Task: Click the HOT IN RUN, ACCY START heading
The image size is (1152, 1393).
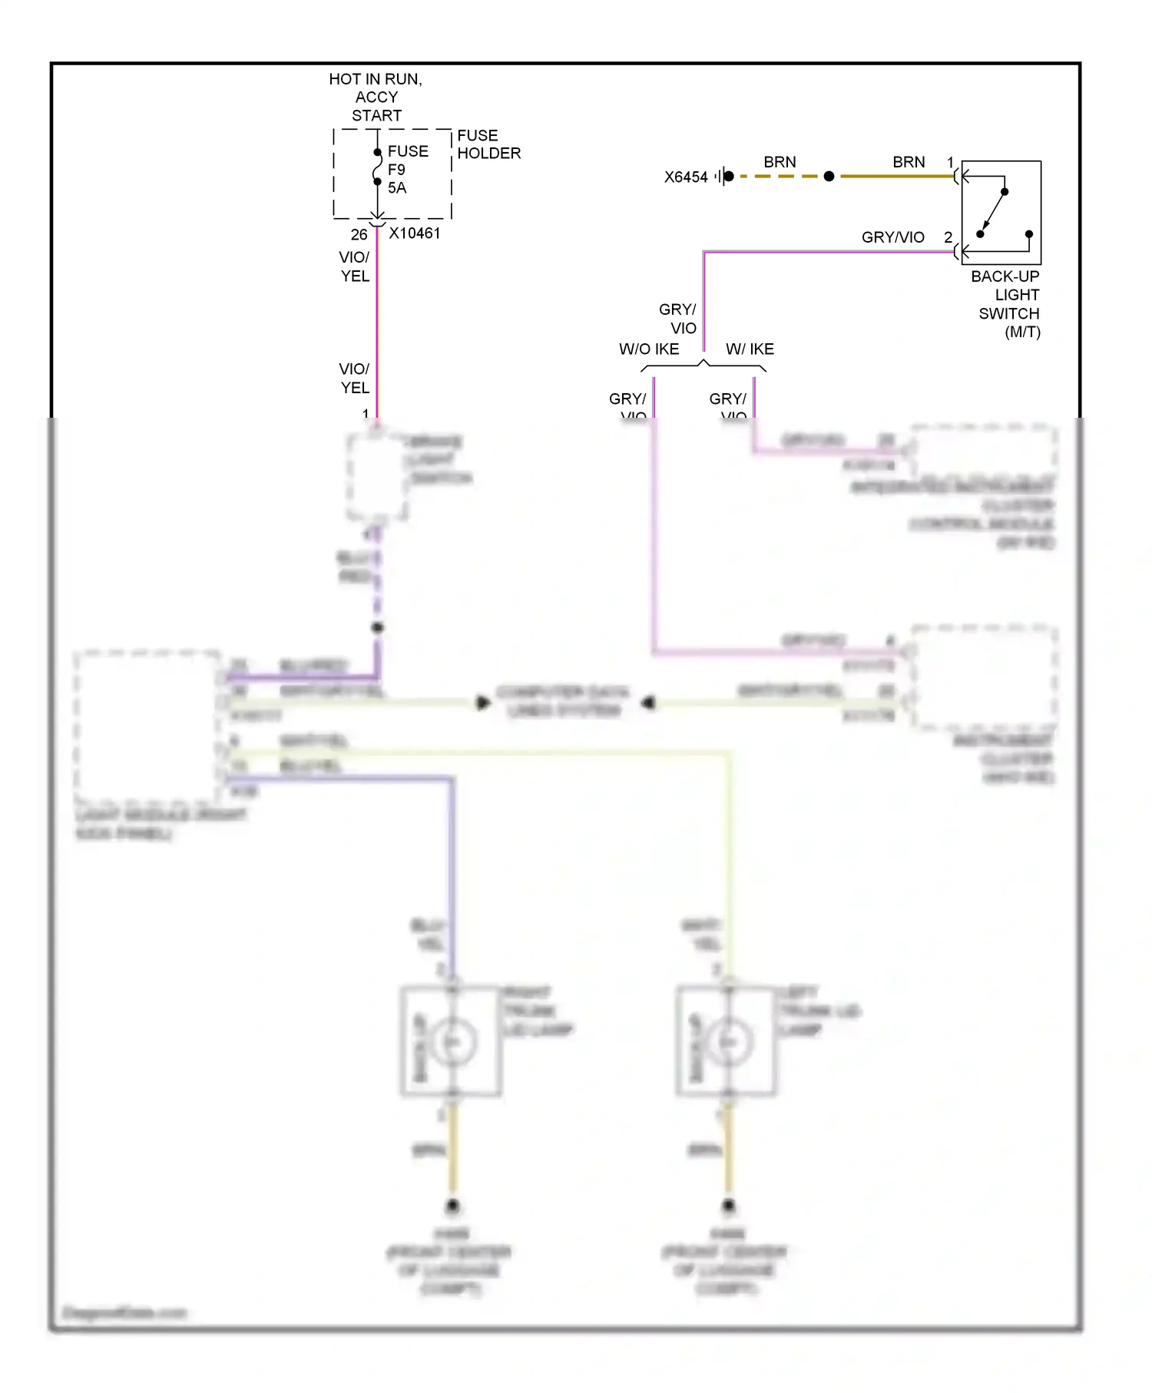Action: click(x=376, y=98)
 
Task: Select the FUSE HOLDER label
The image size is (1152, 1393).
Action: click(x=488, y=144)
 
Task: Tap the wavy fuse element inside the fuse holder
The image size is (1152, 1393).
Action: click(x=377, y=167)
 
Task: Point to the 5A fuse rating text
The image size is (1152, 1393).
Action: click(x=397, y=188)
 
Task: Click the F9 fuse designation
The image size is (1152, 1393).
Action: click(x=396, y=170)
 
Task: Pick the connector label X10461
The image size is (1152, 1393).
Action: click(x=415, y=233)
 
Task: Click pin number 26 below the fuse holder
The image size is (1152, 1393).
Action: click(x=359, y=234)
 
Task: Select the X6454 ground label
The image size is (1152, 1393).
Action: click(x=686, y=177)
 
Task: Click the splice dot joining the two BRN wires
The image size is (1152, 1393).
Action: click(x=829, y=177)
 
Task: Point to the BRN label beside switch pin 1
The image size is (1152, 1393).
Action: click(x=909, y=162)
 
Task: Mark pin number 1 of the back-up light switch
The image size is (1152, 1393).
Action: click(x=950, y=163)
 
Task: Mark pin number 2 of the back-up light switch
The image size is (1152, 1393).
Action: click(x=948, y=237)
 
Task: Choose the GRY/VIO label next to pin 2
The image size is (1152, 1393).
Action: click(x=892, y=237)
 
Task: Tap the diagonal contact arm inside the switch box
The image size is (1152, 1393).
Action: click(x=993, y=212)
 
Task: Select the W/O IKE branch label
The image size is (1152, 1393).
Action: click(x=649, y=349)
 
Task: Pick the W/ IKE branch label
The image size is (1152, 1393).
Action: click(x=750, y=349)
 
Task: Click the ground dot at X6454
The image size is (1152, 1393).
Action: click(x=729, y=177)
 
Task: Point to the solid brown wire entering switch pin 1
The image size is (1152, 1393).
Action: click(x=899, y=177)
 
